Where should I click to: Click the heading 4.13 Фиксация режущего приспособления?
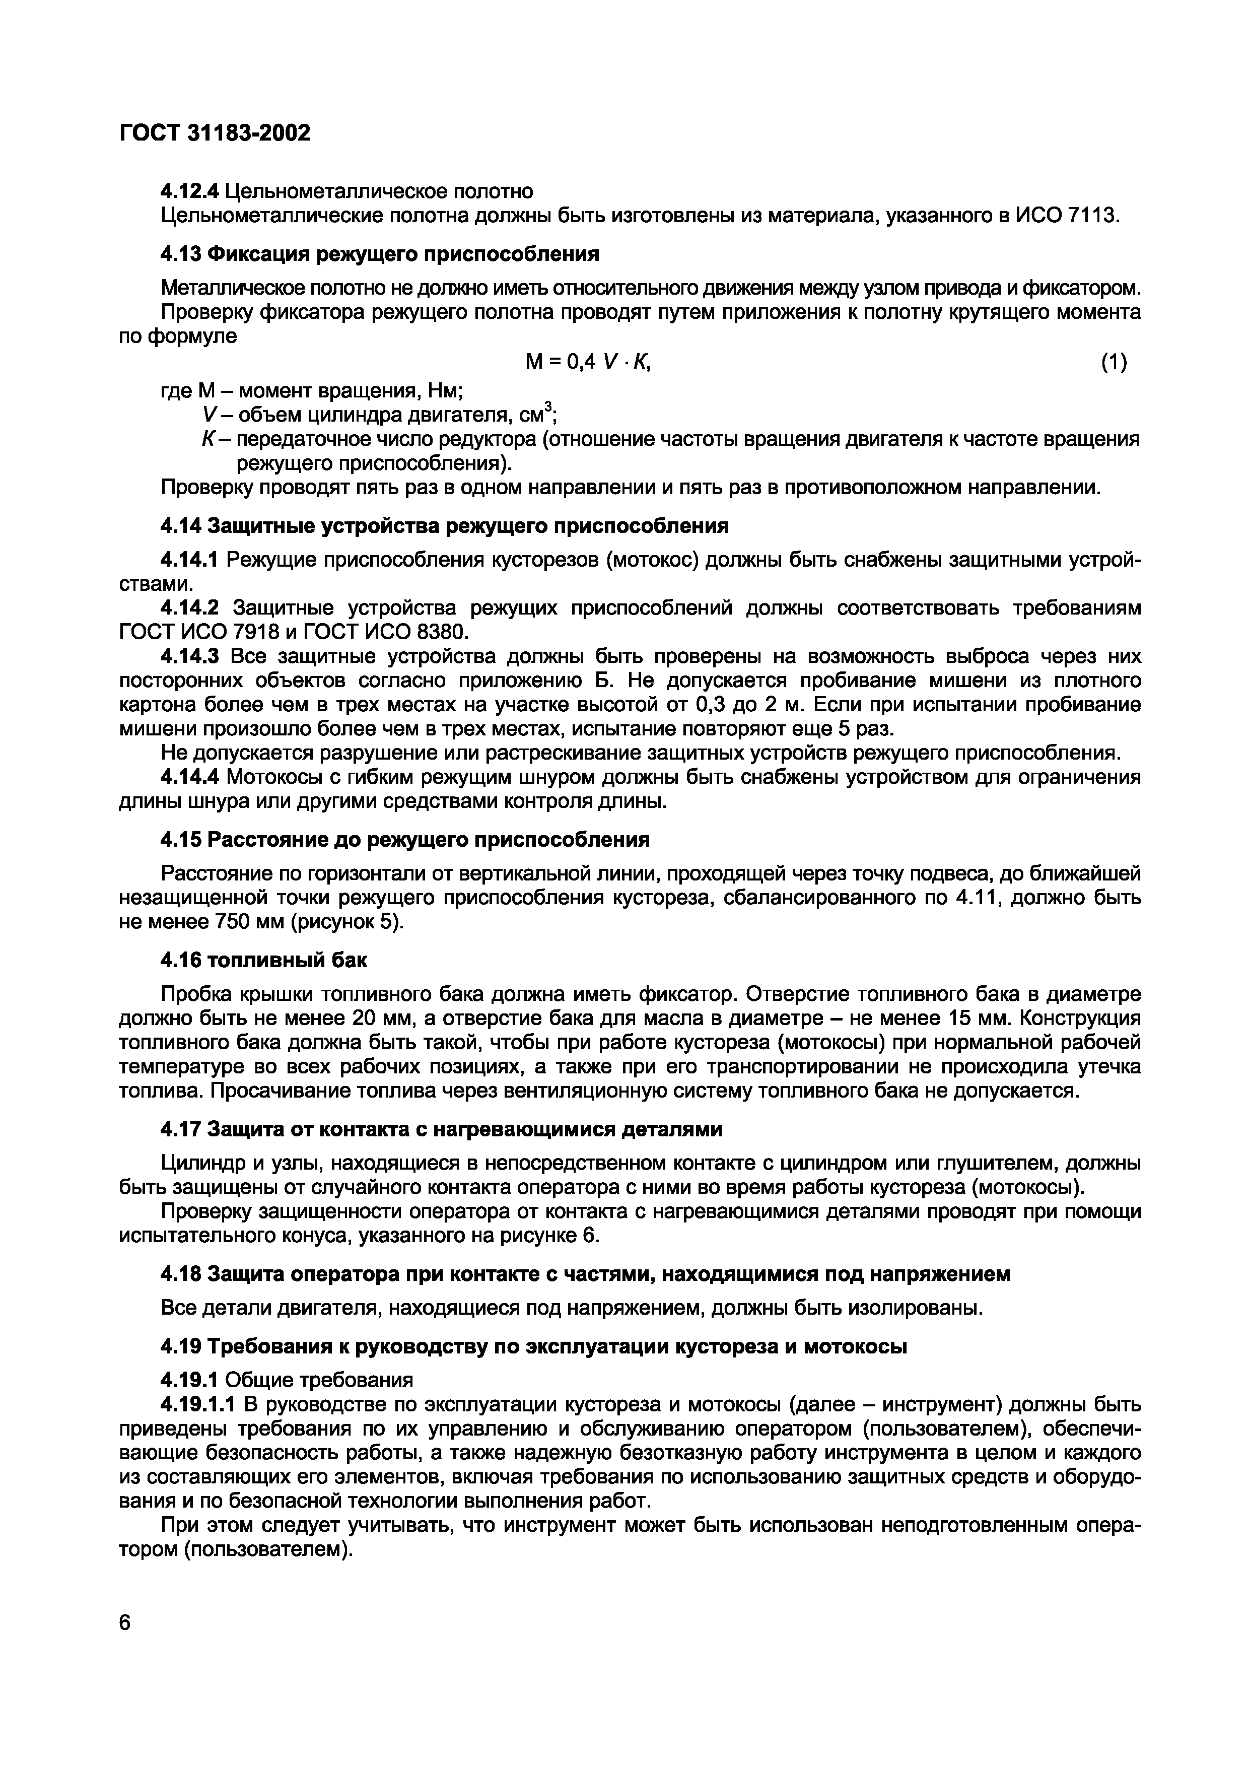(x=379, y=254)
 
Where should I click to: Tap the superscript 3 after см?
(x=548, y=407)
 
